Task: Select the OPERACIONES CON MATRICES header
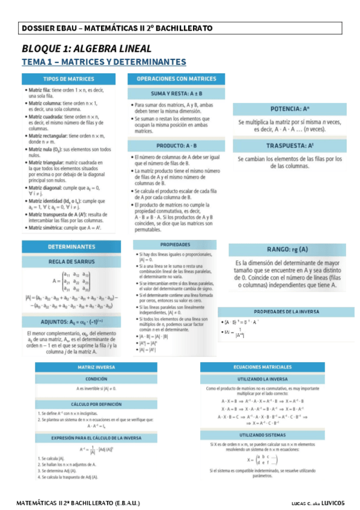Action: point(176,79)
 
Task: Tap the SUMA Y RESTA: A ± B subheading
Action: point(176,94)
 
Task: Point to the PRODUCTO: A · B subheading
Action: point(176,146)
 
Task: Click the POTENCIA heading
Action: point(290,109)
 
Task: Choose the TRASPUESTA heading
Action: point(290,146)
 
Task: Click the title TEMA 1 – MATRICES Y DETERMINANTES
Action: point(104,62)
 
